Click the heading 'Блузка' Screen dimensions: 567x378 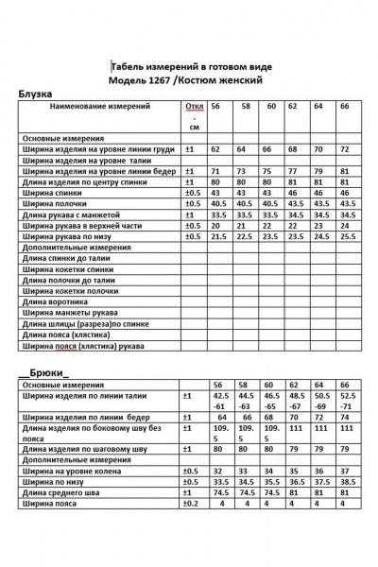36,94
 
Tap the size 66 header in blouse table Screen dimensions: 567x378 344,108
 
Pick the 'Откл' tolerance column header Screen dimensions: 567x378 195,108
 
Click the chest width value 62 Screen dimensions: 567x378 216,149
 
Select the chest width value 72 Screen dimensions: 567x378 344,149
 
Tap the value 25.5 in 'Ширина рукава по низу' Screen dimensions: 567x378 346,236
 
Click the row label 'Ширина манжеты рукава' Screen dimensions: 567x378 68,312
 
